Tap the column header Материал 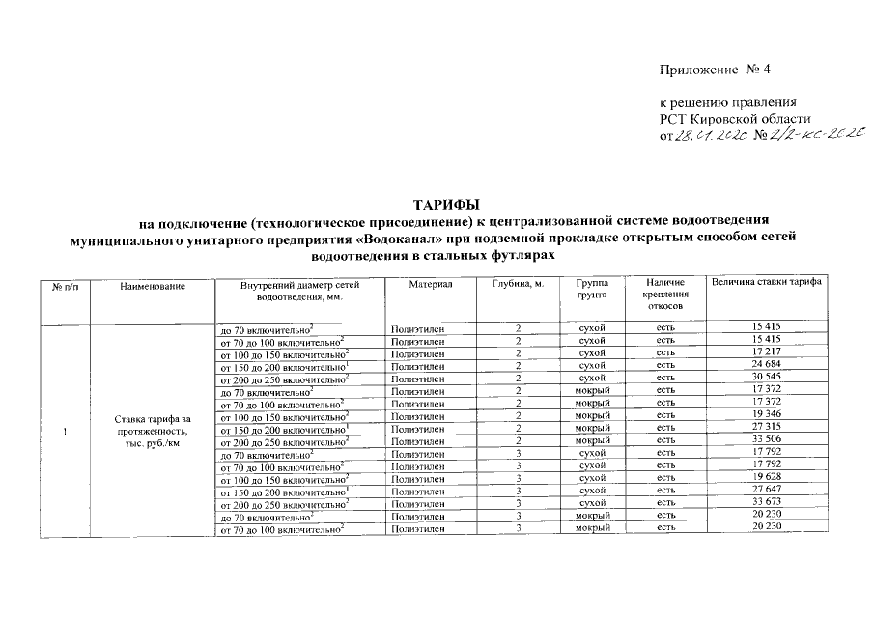[x=429, y=283]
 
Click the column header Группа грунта [x=591, y=289]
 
